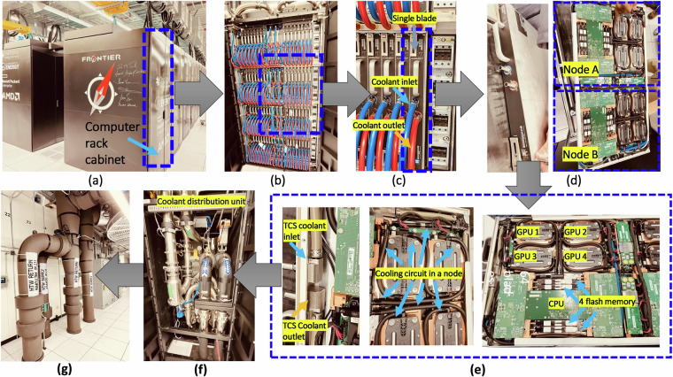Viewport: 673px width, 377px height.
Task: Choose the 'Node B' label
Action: [x=581, y=158]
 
